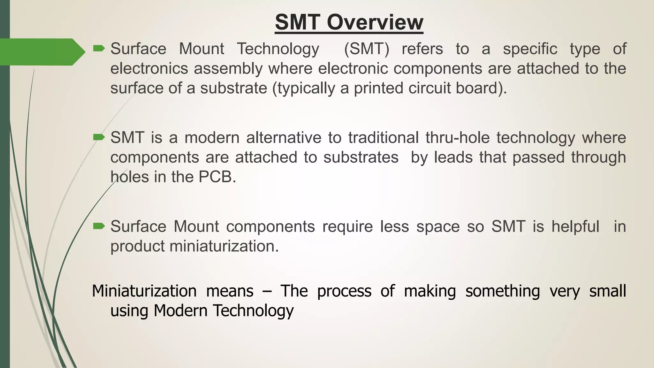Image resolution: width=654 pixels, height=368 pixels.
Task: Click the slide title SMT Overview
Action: [x=349, y=22]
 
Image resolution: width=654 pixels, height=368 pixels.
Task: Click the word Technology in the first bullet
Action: [x=278, y=49]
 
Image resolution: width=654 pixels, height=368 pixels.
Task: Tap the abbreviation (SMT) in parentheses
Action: [x=367, y=49]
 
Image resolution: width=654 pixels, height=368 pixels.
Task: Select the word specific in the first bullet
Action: [x=530, y=49]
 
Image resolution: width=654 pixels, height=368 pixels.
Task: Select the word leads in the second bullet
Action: [x=453, y=157]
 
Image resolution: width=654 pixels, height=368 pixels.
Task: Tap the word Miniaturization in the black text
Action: [x=144, y=291]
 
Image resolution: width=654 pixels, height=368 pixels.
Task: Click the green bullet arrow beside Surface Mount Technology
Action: [x=99, y=49]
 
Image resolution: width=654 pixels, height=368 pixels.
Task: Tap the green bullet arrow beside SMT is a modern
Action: [x=99, y=137]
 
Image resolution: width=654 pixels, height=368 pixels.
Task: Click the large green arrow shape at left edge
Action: [x=42, y=52]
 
